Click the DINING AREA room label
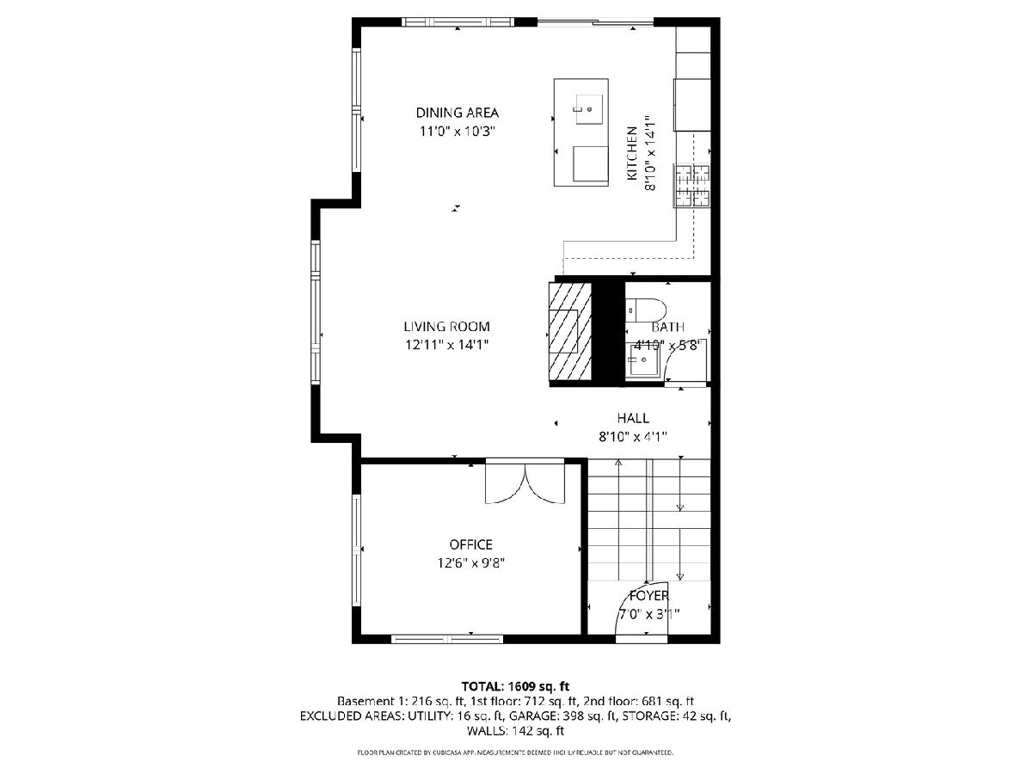(457, 113)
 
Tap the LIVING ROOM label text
(446, 327)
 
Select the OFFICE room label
(470, 544)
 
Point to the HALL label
(633, 418)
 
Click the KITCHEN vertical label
(632, 153)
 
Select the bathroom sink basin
(643, 359)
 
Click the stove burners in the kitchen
(692, 186)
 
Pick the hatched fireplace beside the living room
(570, 332)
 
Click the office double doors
(525, 483)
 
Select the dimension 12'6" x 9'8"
(470, 563)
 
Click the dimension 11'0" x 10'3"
(458, 131)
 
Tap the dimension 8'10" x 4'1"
(633, 437)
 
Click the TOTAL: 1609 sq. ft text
(515, 686)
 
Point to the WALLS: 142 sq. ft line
(515, 731)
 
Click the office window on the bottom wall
(447, 639)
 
